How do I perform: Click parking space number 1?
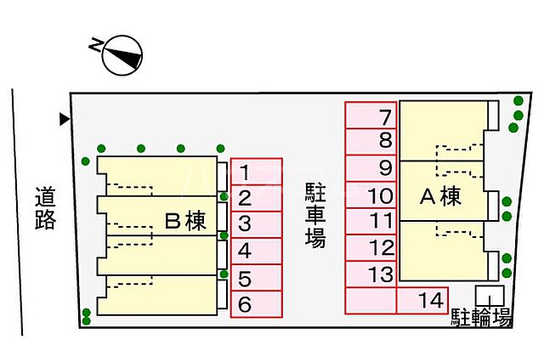[256, 173]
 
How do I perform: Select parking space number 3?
[256, 224]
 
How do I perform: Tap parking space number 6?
[256, 303]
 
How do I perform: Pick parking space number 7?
[371, 116]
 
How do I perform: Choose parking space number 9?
[371, 168]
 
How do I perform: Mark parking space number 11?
[371, 221]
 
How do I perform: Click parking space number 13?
[371, 274]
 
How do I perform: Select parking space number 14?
[422, 300]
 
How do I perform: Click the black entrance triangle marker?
[64, 120]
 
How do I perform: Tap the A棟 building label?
[440, 197]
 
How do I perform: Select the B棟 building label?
[185, 222]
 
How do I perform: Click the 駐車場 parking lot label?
[314, 214]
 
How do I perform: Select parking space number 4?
[256, 251]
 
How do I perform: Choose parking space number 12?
[371, 248]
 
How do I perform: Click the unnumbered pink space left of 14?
[371, 300]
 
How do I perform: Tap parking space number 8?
[371, 142]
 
